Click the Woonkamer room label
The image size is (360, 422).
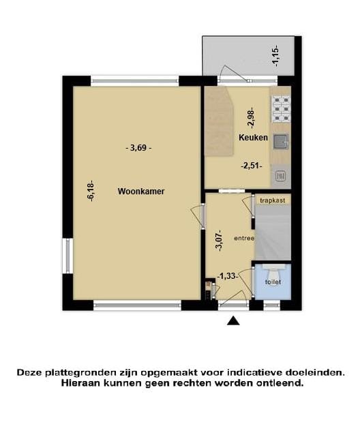140,192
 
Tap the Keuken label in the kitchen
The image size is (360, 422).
253,138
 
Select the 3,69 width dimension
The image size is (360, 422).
138,147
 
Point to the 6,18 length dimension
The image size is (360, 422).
90,190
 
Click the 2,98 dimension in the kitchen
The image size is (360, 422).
250,119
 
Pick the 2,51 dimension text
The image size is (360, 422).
252,165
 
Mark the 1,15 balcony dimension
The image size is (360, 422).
275,55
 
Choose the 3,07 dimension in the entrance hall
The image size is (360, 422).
219,240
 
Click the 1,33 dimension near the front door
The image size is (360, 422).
228,276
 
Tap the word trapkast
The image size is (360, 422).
273,200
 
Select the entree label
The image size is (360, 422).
243,238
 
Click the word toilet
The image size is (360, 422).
272,282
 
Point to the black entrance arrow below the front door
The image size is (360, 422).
233,320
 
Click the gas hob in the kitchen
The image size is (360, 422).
280,108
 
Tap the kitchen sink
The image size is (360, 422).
280,142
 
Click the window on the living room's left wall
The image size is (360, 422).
67,256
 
